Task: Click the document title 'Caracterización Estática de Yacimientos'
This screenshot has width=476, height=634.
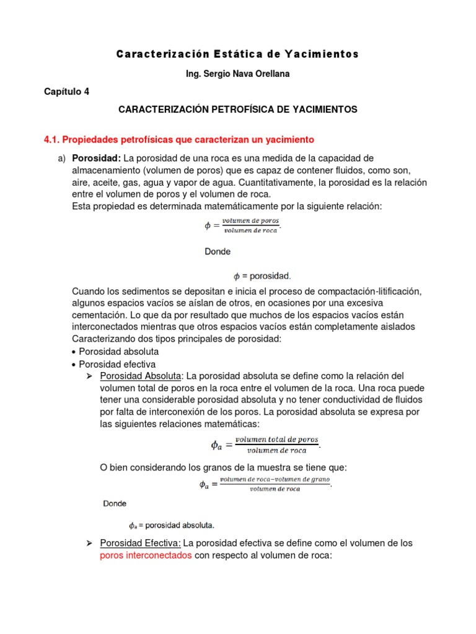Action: coord(237,54)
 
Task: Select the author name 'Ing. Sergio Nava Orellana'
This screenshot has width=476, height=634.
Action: coord(237,74)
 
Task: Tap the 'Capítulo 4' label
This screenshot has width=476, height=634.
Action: coord(66,92)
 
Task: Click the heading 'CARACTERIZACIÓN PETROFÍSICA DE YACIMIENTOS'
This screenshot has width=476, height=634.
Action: coord(237,110)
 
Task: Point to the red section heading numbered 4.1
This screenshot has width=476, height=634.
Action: coord(179,139)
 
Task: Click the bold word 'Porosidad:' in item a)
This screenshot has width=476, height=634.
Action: coord(97,158)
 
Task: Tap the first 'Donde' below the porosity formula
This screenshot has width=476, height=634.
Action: coord(218,252)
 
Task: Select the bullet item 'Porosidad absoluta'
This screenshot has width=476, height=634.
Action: coord(118,352)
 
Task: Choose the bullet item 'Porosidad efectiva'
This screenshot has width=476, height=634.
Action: coord(117,364)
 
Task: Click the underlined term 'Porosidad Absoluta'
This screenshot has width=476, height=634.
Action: coord(141,376)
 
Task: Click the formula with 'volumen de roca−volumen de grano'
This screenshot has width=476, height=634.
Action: coord(265,484)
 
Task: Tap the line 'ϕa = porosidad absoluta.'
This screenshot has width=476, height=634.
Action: coord(171,526)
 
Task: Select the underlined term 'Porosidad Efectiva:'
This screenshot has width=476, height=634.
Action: coord(140,543)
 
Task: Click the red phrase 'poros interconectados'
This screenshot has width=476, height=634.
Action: coord(146,556)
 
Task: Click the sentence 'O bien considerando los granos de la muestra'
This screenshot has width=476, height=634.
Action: coord(223,467)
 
